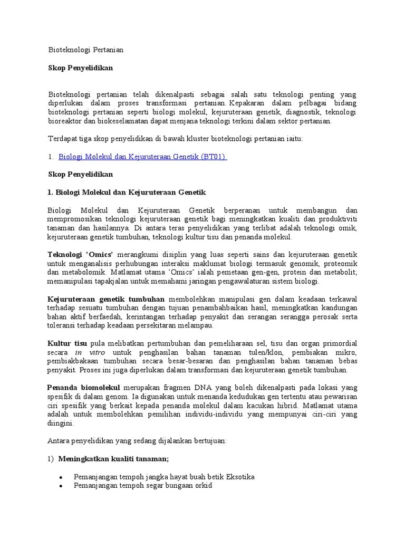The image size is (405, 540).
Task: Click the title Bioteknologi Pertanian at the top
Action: [x=85, y=50]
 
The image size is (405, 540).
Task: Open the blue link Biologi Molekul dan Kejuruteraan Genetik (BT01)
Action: [x=142, y=157]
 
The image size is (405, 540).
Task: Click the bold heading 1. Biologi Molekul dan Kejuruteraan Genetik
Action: [x=127, y=192]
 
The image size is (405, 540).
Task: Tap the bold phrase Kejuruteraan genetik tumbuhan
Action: [x=106, y=299]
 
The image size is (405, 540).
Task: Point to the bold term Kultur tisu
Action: [x=67, y=343]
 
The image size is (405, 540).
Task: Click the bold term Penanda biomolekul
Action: [x=84, y=388]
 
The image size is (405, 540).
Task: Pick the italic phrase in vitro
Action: [x=90, y=352]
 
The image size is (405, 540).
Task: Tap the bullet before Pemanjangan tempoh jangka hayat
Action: [x=61, y=477]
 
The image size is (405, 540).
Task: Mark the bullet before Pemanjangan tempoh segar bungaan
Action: [x=61, y=486]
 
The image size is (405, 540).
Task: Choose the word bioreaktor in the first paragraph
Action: [x=65, y=121]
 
